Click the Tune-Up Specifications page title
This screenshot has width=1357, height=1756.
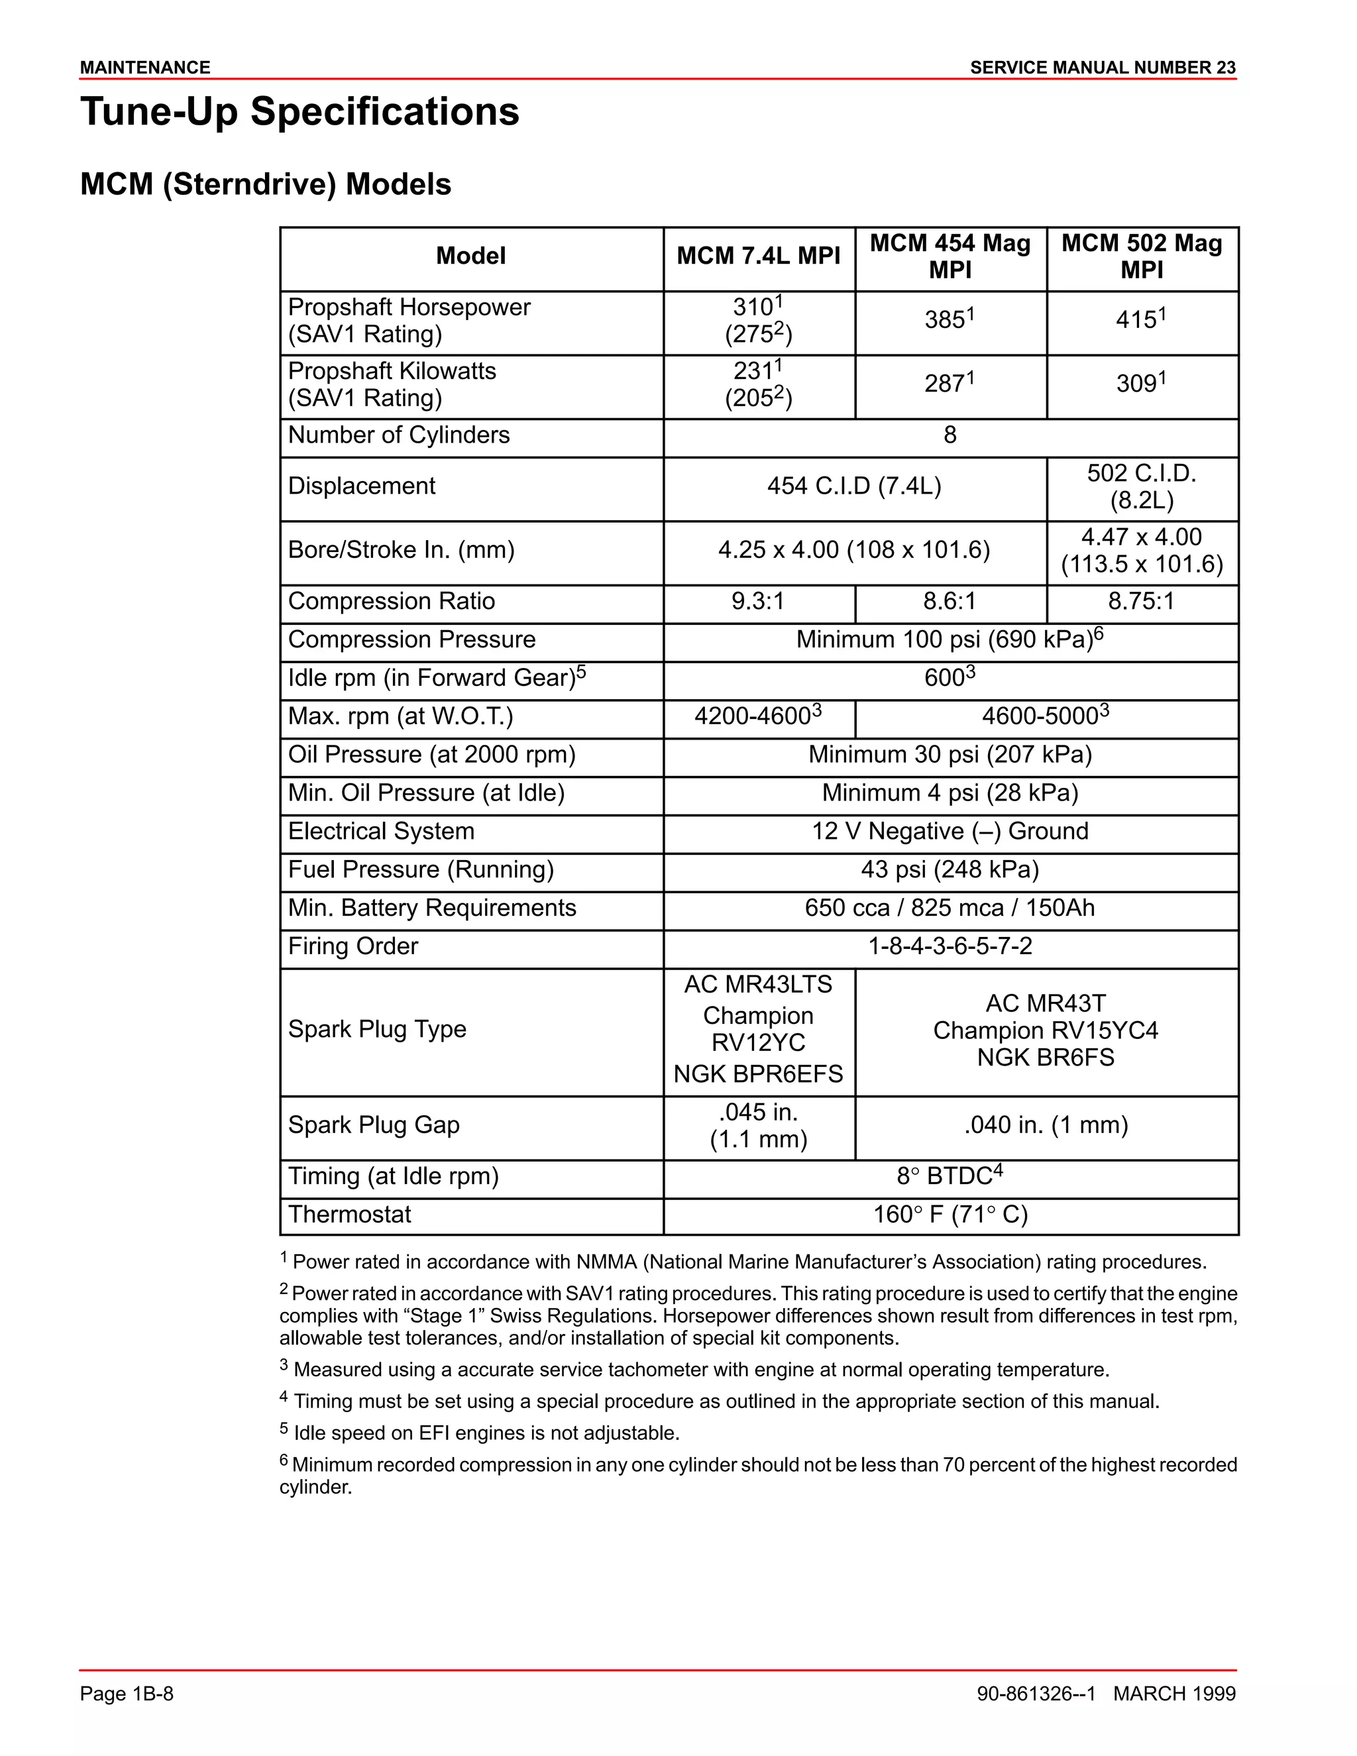coord(300,112)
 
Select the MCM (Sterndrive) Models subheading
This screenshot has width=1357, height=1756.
coord(265,185)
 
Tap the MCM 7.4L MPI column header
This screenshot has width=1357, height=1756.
coord(758,256)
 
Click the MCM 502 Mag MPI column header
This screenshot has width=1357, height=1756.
coord(1142,256)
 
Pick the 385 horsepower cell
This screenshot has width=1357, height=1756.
coord(950,320)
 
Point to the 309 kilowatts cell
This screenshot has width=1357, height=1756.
coord(1141,384)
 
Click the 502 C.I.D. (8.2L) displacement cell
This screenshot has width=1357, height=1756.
coord(1142,486)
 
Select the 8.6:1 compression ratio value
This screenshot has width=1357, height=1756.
coord(950,602)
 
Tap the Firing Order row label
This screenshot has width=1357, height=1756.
coord(353,946)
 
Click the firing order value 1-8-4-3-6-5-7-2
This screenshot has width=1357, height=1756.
coord(950,946)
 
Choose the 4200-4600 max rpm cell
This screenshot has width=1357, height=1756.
coord(757,716)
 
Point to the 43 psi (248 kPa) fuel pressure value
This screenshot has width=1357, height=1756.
coord(950,870)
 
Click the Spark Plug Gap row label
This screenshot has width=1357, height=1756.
coord(374,1125)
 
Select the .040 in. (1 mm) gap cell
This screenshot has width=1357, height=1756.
coord(1045,1125)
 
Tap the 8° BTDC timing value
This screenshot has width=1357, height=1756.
coord(950,1176)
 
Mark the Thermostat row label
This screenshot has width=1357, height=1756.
coord(350,1214)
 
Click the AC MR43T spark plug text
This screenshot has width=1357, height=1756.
coord(1045,1003)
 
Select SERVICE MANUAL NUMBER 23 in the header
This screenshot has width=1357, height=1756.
coord(1102,68)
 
